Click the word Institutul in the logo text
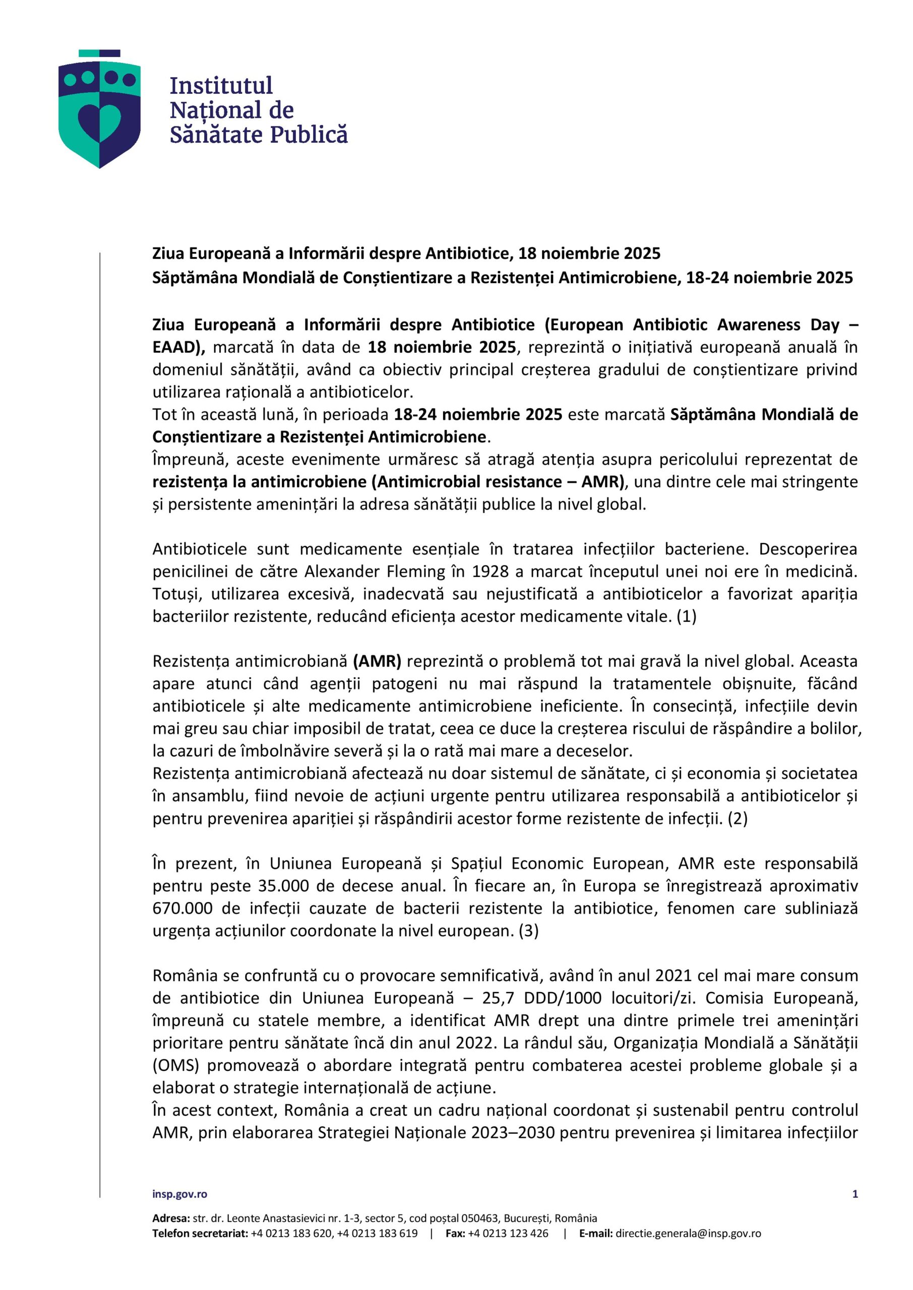pyautogui.click(x=221, y=86)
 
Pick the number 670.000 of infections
pyautogui.click(x=180, y=909)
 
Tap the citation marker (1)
pyautogui.click(x=687, y=616)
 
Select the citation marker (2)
pyautogui.click(x=738, y=819)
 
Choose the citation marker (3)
pyautogui.click(x=528, y=931)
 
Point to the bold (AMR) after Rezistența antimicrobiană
pyautogui.click(x=377, y=661)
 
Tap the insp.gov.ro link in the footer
pyautogui.click(x=179, y=1194)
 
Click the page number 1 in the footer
pyautogui.click(x=855, y=1194)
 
